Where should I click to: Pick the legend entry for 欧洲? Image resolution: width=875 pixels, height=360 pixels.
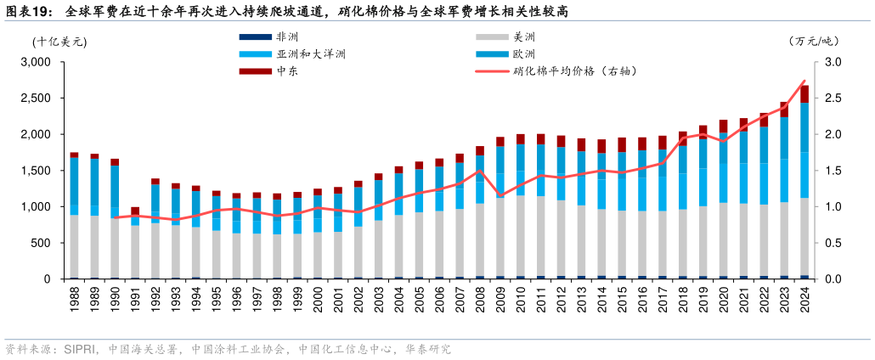[x=524, y=54]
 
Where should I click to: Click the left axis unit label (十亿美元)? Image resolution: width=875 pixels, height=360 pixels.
[x=60, y=41]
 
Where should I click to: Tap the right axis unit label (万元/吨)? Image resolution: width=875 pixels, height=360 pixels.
[x=813, y=41]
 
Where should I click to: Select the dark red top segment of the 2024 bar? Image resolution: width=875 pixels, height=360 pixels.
[x=804, y=94]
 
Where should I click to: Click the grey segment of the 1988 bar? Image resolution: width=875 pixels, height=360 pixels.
[x=75, y=246]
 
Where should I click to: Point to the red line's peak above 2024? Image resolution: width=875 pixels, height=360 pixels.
[x=804, y=82]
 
